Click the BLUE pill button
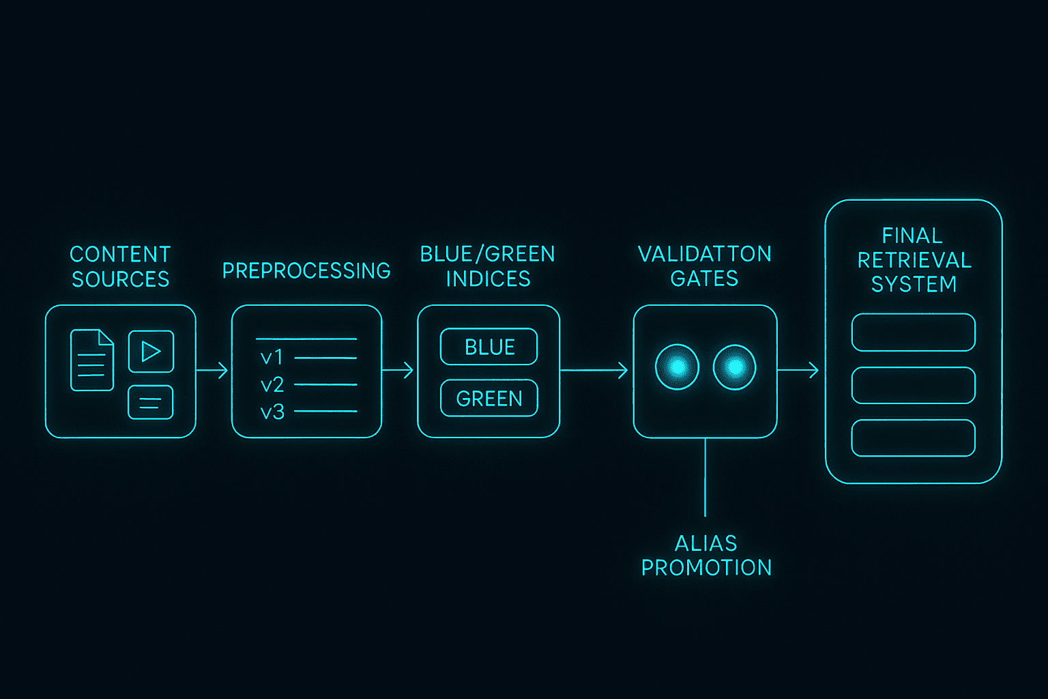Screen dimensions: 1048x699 (x=489, y=347)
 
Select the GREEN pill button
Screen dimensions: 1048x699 (x=489, y=398)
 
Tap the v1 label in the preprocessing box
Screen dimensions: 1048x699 (x=272, y=358)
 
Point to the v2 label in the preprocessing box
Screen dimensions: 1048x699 (x=272, y=385)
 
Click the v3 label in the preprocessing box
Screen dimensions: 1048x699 (x=272, y=412)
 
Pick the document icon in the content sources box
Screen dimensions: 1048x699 (x=91, y=360)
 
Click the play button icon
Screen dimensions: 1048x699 (x=151, y=351)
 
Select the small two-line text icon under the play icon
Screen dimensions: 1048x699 (x=151, y=403)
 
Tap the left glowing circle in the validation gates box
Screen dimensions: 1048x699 (x=677, y=367)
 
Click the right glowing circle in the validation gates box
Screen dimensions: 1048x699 (x=735, y=367)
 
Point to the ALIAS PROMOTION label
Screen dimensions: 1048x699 (x=706, y=556)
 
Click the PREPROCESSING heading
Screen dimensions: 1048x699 (x=306, y=270)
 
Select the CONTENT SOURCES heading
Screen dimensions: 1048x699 (x=120, y=267)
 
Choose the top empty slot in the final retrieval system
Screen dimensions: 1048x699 (x=914, y=332)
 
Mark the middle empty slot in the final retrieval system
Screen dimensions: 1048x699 (x=914, y=385)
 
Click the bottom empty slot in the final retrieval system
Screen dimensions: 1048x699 (x=914, y=438)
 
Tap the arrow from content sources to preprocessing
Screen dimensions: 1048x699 (x=212, y=371)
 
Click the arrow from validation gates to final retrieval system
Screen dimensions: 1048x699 (x=798, y=371)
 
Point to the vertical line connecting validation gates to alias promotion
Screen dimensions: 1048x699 (x=705, y=478)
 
